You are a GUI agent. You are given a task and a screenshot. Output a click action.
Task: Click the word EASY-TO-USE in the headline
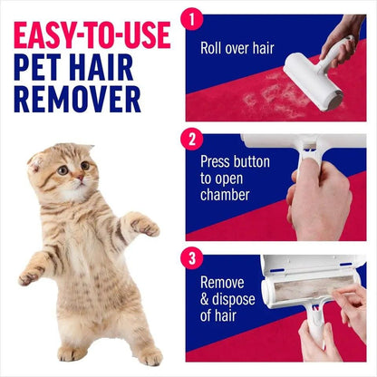pos(91,34)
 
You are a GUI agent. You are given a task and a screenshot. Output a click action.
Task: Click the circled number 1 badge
pos(190,18)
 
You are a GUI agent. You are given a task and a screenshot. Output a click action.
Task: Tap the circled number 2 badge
pos(190,140)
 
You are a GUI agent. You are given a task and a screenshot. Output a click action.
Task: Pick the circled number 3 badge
pos(190,258)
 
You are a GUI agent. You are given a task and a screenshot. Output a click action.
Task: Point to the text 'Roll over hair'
pos(237,49)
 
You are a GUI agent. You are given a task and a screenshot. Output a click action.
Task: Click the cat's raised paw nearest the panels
pos(144,224)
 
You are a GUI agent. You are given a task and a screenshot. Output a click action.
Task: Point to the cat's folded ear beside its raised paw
pos(36,163)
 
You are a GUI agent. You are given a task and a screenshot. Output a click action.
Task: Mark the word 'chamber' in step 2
pos(227,195)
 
